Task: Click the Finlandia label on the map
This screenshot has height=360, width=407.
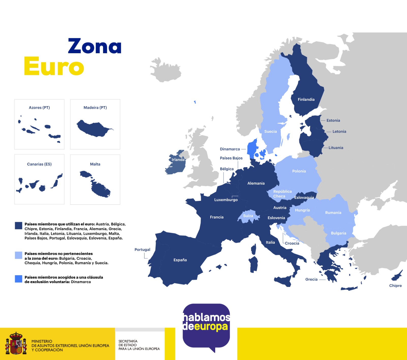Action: (306, 100)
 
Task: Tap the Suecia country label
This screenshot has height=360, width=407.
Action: (270, 132)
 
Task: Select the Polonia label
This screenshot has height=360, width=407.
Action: (299, 171)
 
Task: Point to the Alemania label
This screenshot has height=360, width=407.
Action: (256, 183)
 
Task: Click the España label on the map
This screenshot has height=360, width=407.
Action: (180, 260)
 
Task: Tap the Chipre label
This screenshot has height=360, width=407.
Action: (395, 286)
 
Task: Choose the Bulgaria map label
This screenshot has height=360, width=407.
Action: (338, 233)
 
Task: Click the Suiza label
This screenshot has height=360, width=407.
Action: (248, 216)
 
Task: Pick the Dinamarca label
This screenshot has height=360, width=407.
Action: (230, 149)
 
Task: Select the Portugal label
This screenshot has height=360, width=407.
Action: (142, 250)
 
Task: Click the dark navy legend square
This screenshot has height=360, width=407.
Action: (19, 226)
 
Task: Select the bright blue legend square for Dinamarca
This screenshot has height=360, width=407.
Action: (19, 279)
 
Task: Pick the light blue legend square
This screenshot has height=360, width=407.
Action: (19, 255)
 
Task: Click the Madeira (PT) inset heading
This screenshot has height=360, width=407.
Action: (95, 108)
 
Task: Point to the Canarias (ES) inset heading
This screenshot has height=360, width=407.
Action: (39, 164)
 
